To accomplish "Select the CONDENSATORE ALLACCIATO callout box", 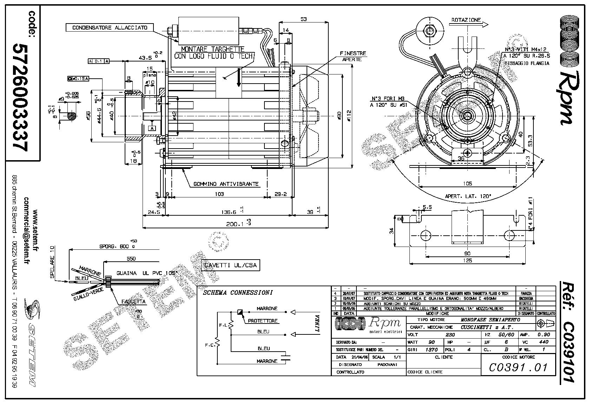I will [110, 27].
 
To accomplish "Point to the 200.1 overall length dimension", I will [236, 223].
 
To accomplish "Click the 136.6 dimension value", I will [229, 212].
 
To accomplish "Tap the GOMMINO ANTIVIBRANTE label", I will [226, 184].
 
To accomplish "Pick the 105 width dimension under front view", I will [467, 183].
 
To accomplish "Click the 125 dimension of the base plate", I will [467, 261].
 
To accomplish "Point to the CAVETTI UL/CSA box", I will [231, 266].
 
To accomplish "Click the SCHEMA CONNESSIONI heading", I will [237, 293].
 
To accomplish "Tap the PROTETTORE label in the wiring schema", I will [263, 321].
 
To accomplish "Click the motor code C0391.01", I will [518, 367].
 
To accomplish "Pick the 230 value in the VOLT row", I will [450, 335].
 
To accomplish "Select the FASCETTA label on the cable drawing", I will [133, 301].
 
